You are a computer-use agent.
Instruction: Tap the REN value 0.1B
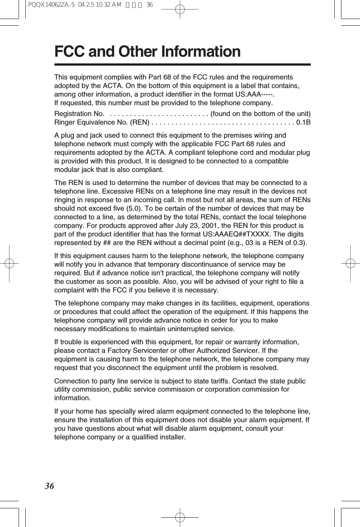[x=303, y=122]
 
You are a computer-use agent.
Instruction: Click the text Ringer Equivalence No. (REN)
[x=102, y=122]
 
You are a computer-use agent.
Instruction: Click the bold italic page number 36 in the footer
[x=49, y=486]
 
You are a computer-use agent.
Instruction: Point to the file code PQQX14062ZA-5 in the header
[x=50, y=5]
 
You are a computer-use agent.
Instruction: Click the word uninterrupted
[x=186, y=329]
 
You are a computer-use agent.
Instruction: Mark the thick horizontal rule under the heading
[x=182, y=65]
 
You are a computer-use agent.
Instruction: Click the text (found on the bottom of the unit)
[x=260, y=114]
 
